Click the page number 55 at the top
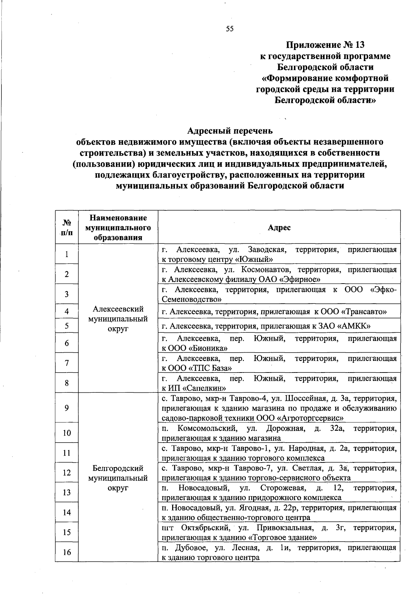pyautogui.click(x=229, y=29)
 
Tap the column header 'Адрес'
pyautogui.click(x=279, y=227)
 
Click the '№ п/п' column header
pyautogui.click(x=67, y=227)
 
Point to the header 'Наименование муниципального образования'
pyautogui.click(x=118, y=227)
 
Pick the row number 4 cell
pyautogui.click(x=67, y=311)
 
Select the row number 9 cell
pyautogui.click(x=67, y=408)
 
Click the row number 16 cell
pyautogui.click(x=67, y=552)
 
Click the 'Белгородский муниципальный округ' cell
pyautogui.click(x=118, y=478)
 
